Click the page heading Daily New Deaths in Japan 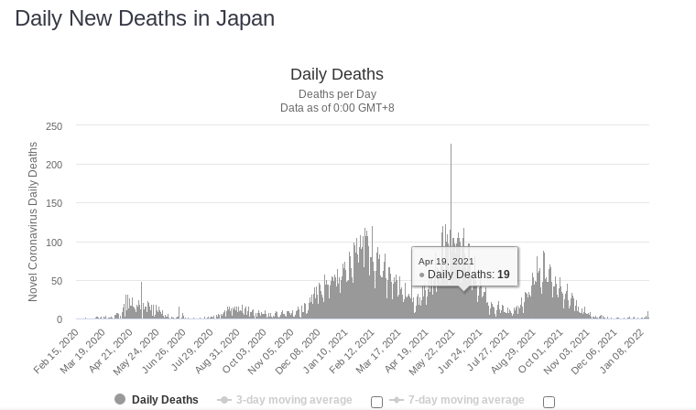[145, 18]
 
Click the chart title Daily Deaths [336, 75]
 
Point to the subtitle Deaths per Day [336, 94]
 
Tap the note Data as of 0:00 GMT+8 [336, 108]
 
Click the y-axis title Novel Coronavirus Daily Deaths [34, 221]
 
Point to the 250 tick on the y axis [53, 126]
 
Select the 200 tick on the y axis [53, 165]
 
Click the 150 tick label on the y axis [53, 204]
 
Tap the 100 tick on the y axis [53, 243]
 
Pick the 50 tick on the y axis [56, 281]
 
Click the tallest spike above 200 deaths [451, 146]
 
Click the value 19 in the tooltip [504, 275]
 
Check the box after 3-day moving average [376, 402]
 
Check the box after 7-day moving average [549, 402]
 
